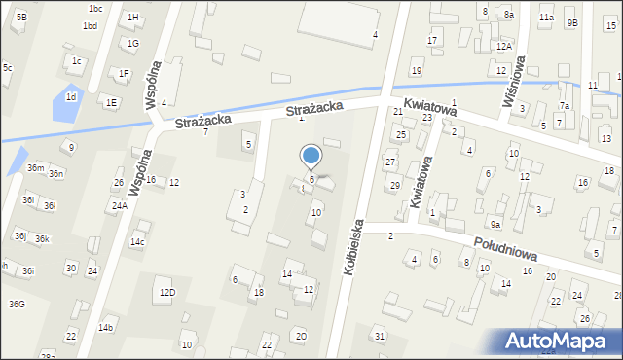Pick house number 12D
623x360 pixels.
click(167, 292)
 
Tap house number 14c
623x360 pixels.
click(138, 242)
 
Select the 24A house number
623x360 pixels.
click(119, 206)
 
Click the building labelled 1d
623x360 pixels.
click(70, 97)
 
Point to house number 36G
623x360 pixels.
click(17, 305)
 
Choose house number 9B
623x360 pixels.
click(572, 22)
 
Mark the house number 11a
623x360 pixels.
click(547, 18)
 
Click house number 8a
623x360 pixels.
click(508, 15)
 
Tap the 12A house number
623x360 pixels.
click(503, 46)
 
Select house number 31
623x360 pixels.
click(380, 336)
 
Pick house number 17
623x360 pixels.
click(432, 40)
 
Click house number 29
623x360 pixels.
click(395, 185)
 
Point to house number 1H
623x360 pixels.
click(132, 18)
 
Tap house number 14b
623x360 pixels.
click(105, 327)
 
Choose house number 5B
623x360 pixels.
click(21, 18)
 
